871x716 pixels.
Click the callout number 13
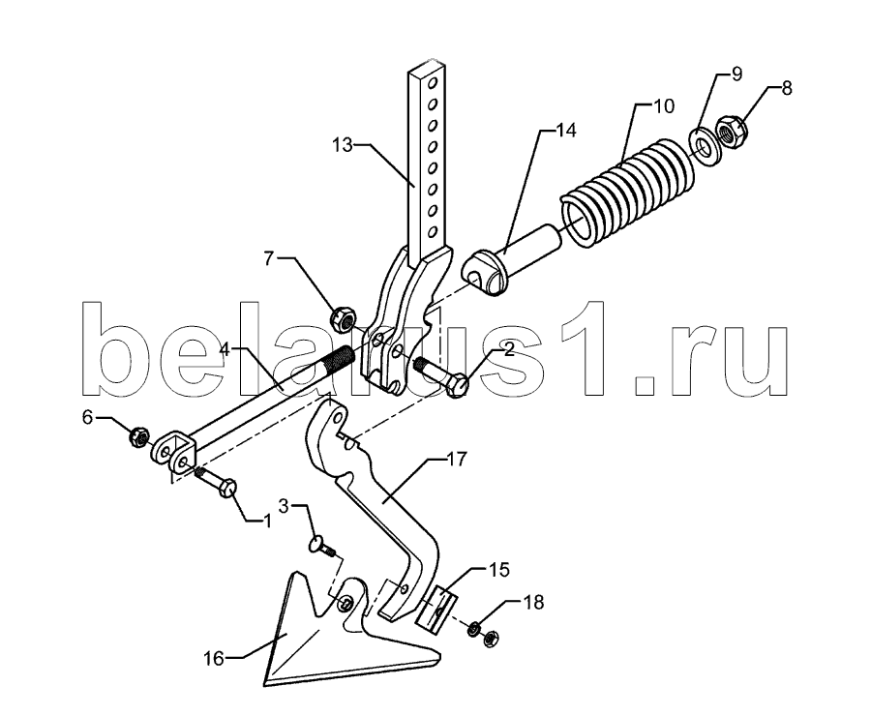point(343,145)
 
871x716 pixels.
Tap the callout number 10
point(663,106)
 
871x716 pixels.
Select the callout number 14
point(566,131)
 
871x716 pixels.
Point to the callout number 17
point(457,460)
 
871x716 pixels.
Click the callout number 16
point(213,659)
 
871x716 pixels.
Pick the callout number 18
point(533,602)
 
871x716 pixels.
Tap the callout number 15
point(500,569)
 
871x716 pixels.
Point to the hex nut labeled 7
point(343,319)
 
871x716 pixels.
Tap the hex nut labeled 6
point(138,437)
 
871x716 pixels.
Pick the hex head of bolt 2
point(457,385)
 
